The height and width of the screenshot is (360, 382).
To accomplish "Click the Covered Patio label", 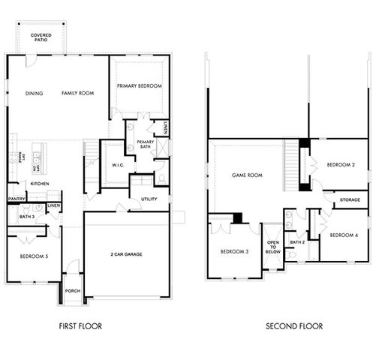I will (x=41, y=37).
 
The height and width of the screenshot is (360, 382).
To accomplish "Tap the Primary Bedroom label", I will (x=140, y=86).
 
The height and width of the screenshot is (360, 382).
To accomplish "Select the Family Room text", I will (x=77, y=94).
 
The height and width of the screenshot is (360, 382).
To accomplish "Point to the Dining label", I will (x=34, y=94).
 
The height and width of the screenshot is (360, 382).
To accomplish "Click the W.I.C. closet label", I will (x=117, y=165).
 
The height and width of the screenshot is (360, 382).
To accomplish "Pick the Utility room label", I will (x=149, y=199).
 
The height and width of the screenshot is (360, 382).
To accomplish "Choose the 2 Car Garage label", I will (x=125, y=254).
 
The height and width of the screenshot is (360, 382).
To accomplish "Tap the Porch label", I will (x=72, y=291).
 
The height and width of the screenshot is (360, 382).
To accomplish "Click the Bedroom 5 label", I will (x=34, y=257).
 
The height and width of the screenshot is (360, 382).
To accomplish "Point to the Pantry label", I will (x=17, y=199).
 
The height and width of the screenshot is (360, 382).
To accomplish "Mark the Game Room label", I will (x=247, y=175).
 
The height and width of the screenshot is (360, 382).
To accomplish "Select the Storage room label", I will (x=350, y=200).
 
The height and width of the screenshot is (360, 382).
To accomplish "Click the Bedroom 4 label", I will (x=344, y=235).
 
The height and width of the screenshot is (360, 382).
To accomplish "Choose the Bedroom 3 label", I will (x=235, y=251).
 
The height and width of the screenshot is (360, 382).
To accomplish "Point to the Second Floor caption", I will (x=294, y=326).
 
